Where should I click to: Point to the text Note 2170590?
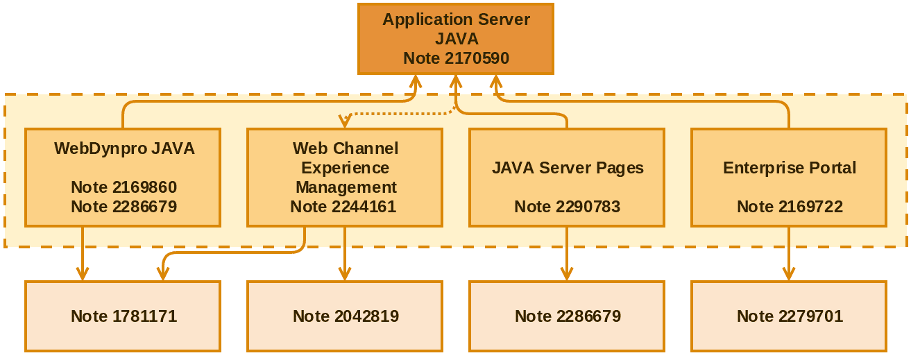[x=456, y=58]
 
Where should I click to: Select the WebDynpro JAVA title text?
[x=124, y=148]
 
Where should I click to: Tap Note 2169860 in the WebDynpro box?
[x=124, y=187]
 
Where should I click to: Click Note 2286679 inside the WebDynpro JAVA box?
[x=124, y=207]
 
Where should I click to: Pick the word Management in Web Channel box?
[x=346, y=187]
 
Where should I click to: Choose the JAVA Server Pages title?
[x=568, y=168]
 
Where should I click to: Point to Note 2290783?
[x=567, y=207]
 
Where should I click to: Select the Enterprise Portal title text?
[x=790, y=168]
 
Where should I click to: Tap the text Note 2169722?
[x=790, y=207]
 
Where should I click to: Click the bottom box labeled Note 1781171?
[x=124, y=316]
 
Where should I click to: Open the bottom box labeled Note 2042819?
[x=346, y=316]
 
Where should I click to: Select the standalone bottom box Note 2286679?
[x=568, y=316]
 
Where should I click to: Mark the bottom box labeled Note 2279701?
[x=790, y=316]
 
